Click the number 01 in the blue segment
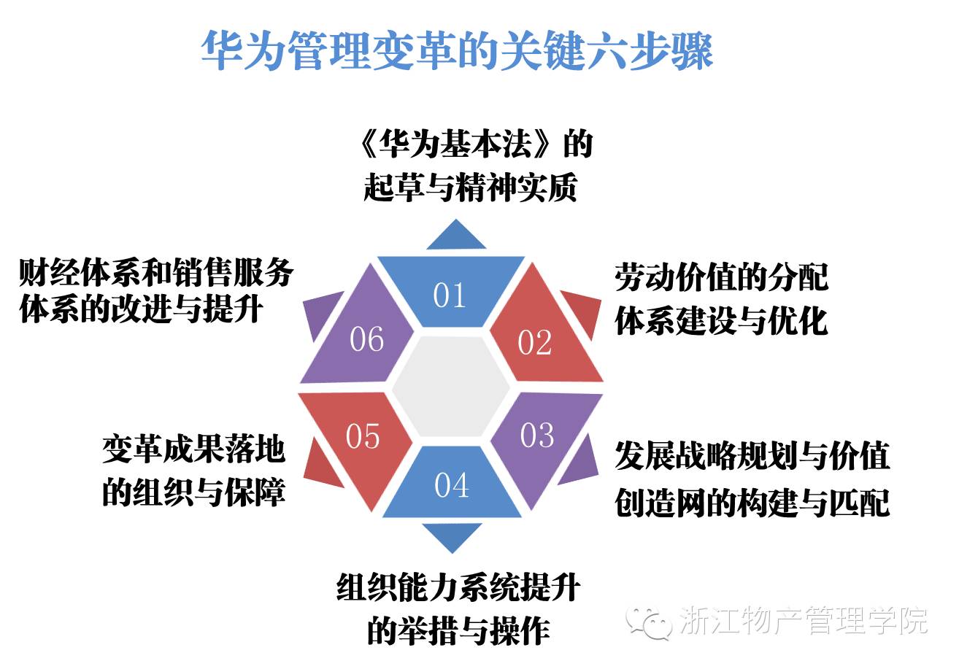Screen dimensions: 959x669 click(449, 295)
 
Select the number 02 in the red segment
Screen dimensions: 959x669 click(534, 343)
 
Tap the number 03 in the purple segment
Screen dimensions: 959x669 click(537, 436)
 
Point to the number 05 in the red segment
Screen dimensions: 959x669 click(363, 437)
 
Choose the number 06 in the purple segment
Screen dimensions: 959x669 click(366, 339)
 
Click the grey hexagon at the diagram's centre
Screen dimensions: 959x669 click(450, 389)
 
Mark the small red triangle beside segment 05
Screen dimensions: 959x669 click(321, 467)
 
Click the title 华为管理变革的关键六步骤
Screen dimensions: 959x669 click(457, 51)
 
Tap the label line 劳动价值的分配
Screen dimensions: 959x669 click(721, 278)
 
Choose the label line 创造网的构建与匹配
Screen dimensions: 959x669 click(752, 503)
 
